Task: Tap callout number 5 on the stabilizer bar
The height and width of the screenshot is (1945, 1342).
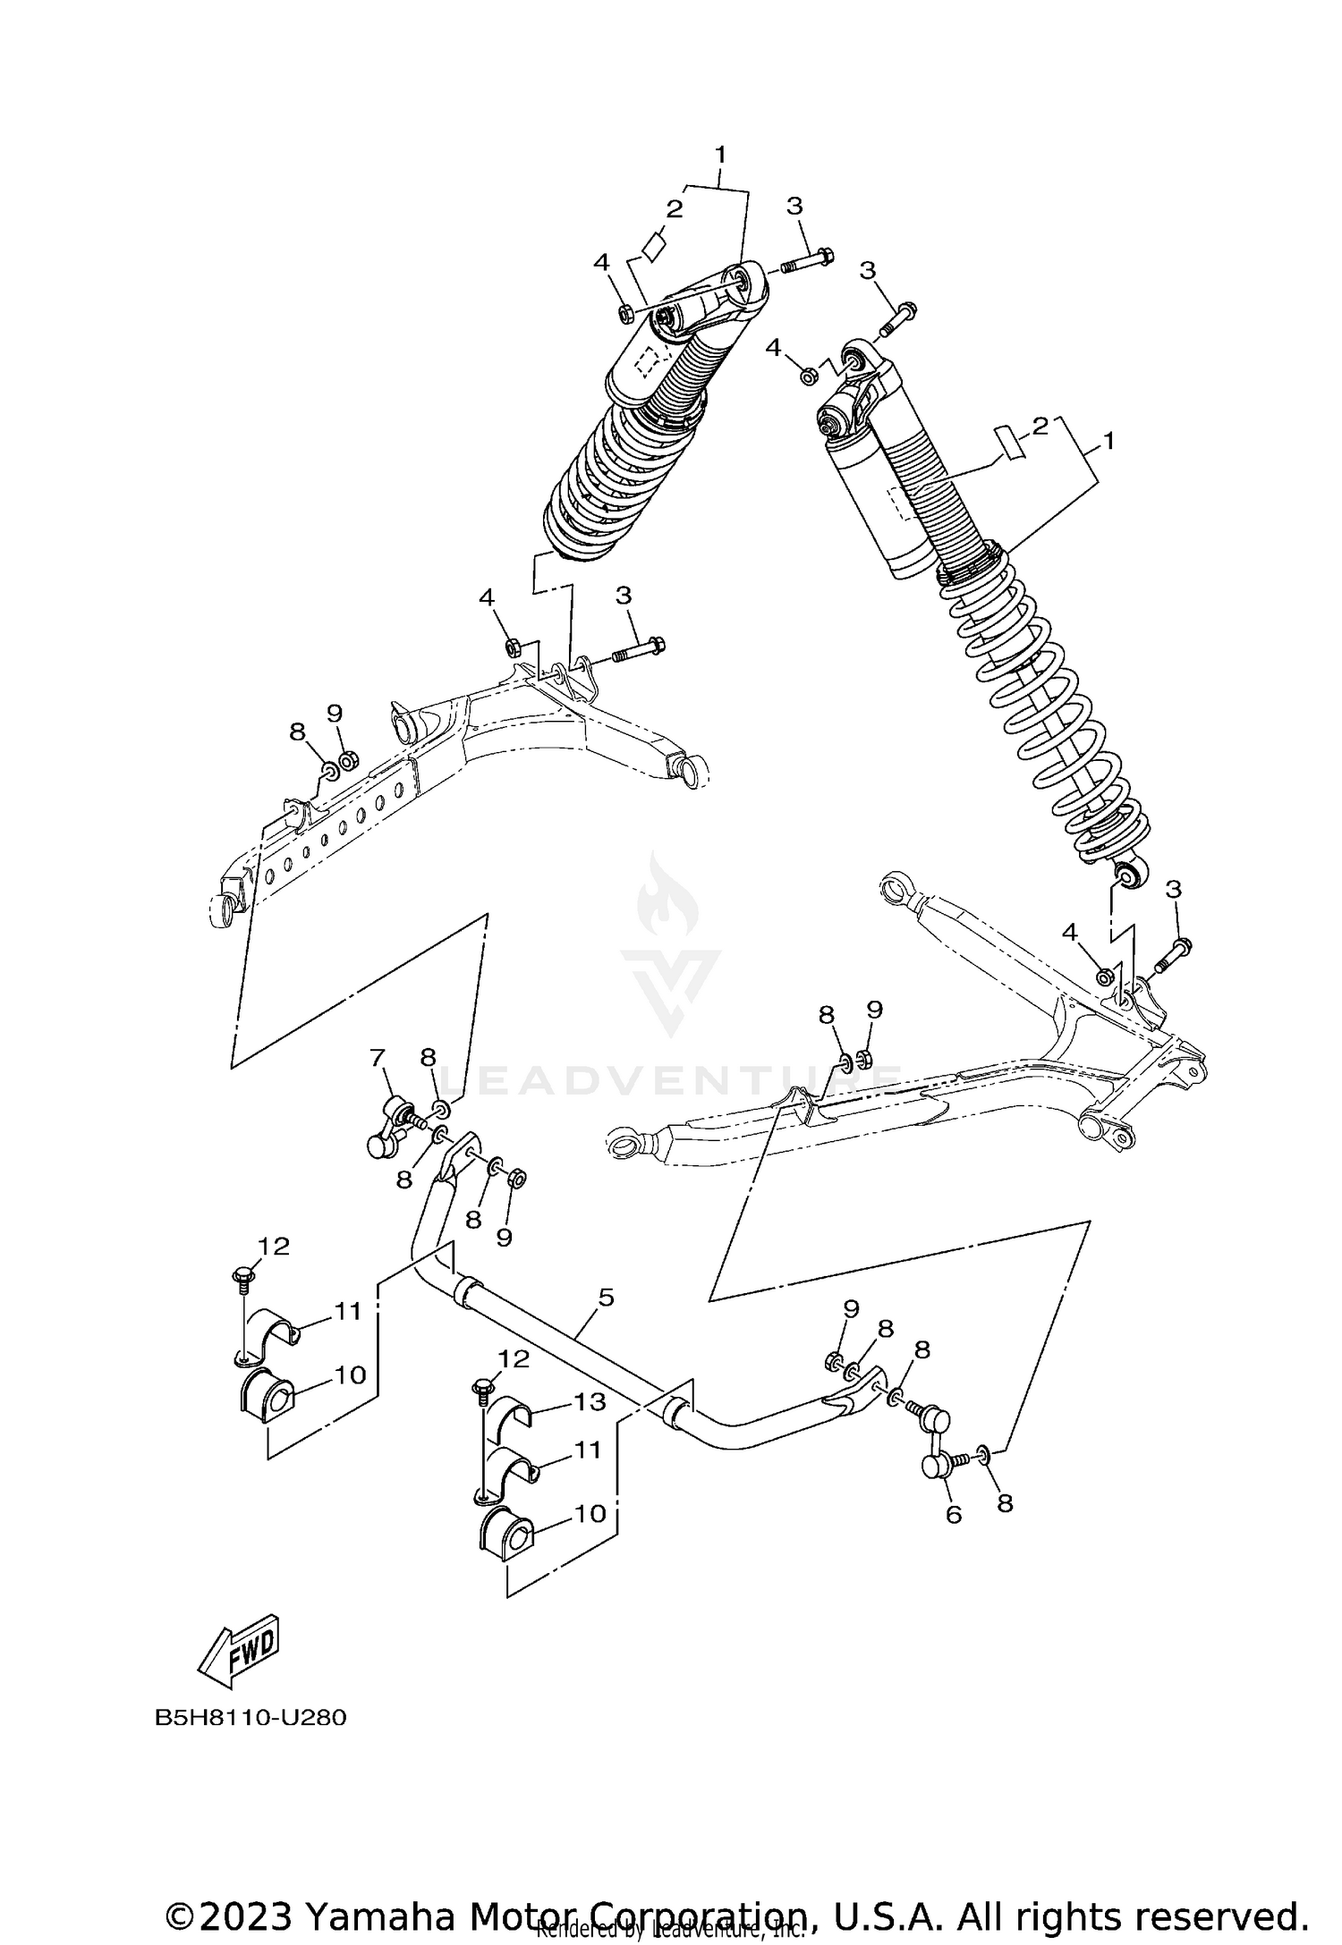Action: click(x=606, y=1297)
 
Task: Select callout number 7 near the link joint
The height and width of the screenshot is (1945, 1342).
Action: click(x=377, y=1059)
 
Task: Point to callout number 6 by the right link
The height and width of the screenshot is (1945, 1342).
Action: click(x=954, y=1514)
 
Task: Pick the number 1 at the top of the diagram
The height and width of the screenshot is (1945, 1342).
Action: click(x=719, y=155)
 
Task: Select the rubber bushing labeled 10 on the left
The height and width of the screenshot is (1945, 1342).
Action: click(x=268, y=1400)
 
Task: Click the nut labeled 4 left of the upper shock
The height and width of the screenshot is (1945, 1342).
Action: click(x=626, y=312)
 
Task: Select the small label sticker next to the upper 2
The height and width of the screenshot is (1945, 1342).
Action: click(x=655, y=245)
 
